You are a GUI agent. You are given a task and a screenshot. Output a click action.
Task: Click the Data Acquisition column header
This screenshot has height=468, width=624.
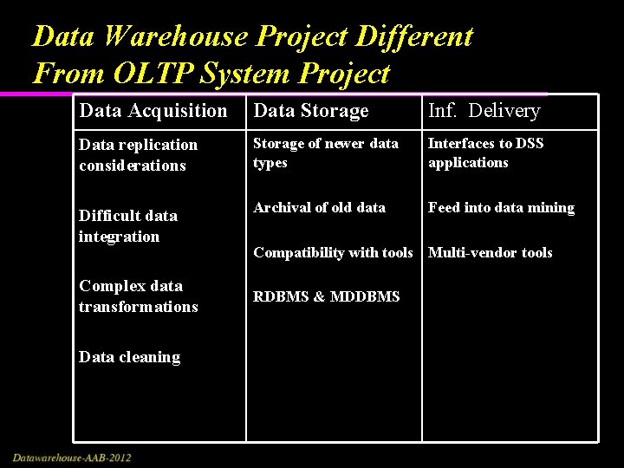[x=153, y=111]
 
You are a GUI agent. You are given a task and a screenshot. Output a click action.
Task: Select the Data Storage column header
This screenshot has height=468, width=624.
[x=310, y=111]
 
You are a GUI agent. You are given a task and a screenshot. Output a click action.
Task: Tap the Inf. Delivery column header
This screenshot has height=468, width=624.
[x=484, y=111]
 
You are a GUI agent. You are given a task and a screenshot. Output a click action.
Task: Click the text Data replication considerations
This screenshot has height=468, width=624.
[x=138, y=155]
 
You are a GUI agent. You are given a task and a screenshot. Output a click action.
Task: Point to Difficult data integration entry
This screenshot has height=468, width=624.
[x=127, y=225]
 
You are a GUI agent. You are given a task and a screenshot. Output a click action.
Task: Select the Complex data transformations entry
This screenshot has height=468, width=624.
[x=138, y=296]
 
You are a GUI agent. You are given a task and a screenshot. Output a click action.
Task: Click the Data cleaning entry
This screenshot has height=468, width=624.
[x=129, y=357]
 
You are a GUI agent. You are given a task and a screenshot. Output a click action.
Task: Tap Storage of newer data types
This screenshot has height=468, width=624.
[x=325, y=153]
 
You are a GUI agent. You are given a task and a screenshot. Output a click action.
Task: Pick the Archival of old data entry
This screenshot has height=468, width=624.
[x=319, y=207]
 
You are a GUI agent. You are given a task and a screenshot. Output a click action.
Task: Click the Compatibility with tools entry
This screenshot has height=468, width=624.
[x=333, y=252]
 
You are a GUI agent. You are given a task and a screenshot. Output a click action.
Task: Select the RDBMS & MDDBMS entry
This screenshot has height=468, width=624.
[x=326, y=296]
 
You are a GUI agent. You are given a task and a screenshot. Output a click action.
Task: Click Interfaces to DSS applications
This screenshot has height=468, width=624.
[x=485, y=153]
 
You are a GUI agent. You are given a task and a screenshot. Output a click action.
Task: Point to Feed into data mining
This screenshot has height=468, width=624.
[x=501, y=207]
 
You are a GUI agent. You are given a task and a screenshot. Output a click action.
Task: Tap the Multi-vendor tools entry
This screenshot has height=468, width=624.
[x=490, y=252]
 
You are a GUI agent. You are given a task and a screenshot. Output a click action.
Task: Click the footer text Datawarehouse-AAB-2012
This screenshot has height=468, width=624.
[x=72, y=457]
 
